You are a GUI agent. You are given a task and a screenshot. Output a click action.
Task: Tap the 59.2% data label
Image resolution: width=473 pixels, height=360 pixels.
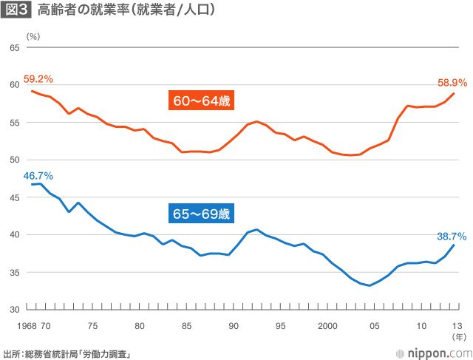pyautogui.click(x=38, y=78)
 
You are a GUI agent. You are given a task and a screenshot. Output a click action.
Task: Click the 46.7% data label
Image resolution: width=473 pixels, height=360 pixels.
pyautogui.click(x=38, y=175)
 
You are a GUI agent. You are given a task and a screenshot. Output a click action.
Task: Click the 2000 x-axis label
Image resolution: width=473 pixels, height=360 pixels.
pyautogui.click(x=328, y=325)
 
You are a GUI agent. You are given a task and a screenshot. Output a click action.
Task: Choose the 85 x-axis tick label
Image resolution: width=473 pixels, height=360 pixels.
pyautogui.click(x=187, y=325)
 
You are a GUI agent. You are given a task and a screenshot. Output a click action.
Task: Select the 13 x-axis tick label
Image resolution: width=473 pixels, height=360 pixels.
pyautogui.click(x=457, y=325)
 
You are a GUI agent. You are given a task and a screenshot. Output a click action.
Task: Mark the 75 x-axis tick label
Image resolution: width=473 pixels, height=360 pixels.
pyautogui.click(x=92, y=325)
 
